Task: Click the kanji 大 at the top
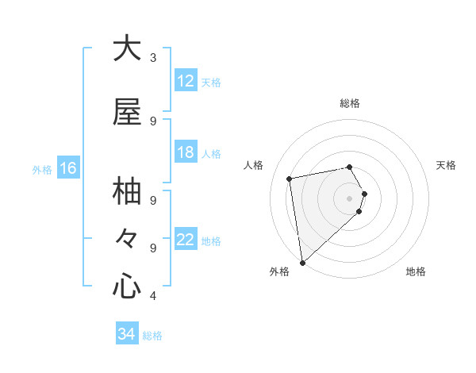coord(127,48)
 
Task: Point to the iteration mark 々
coord(127,239)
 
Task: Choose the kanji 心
coord(127,286)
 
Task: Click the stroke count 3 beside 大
coord(153,57)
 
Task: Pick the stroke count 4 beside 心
coord(153,296)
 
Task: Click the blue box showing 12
coord(186,81)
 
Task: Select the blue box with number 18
coord(186,152)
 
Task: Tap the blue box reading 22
coord(186,240)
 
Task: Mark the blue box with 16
coord(67,168)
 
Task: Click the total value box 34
coord(127,334)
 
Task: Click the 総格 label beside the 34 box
coord(152,336)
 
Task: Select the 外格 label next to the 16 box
coord(42,169)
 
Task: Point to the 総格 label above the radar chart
coord(350,103)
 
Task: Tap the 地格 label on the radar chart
coord(416,271)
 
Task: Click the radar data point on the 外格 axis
coord(302,262)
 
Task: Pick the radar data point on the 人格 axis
coord(290,179)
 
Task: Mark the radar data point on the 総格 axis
coord(350,167)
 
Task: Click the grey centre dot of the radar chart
coord(350,198)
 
